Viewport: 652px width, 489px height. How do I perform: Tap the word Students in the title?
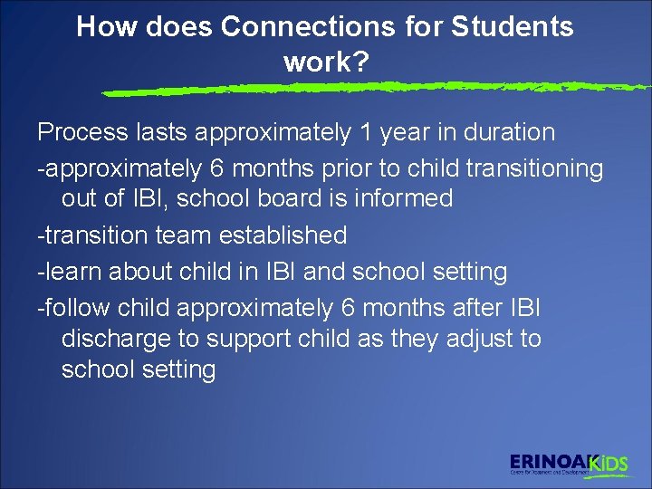tap(513, 27)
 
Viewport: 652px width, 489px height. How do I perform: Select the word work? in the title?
tap(325, 62)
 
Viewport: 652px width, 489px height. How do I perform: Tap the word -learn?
tap(71, 271)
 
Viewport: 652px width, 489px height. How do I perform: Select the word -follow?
tap(75, 308)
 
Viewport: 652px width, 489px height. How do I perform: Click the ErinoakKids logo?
tap(568, 464)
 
